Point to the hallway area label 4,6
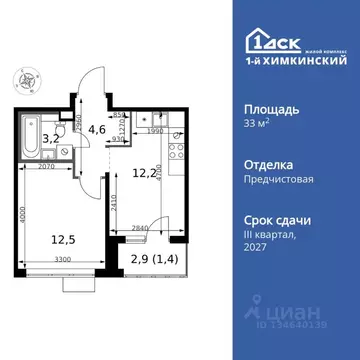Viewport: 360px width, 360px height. (x=97, y=128)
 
